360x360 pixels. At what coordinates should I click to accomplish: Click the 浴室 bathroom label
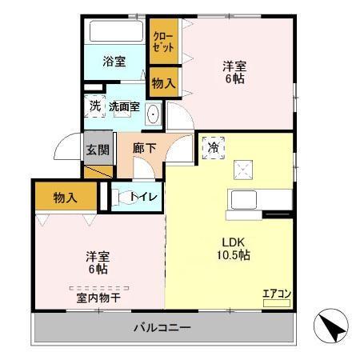114,62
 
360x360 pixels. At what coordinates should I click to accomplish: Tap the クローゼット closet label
162,42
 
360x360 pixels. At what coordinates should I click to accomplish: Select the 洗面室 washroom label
124,106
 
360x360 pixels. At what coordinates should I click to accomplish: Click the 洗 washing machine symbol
94,106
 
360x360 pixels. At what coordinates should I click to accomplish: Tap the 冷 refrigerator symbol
213,147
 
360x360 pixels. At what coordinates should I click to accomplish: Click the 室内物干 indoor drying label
98,297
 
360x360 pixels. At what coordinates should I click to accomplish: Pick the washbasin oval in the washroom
154,114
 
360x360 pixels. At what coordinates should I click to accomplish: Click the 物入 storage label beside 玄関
66,196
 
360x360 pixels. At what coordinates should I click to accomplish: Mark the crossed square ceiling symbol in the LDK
242,169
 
